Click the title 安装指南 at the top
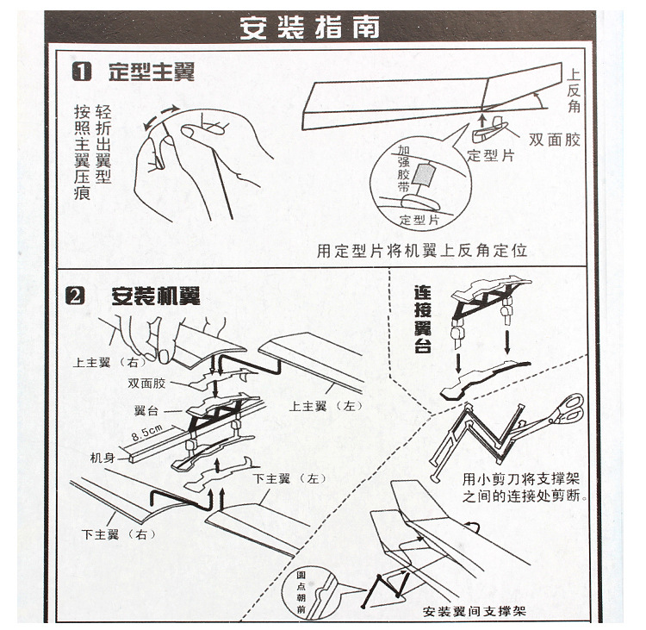(x=309, y=28)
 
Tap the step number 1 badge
(x=82, y=72)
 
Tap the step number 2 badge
(x=75, y=296)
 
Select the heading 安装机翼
(x=156, y=296)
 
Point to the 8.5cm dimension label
(x=146, y=433)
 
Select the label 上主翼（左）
(x=326, y=406)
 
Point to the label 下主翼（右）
(x=119, y=534)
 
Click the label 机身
(x=102, y=458)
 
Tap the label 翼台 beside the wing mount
(x=146, y=410)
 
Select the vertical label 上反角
(x=574, y=90)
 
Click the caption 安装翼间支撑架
(x=475, y=611)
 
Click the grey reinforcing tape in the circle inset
(x=424, y=173)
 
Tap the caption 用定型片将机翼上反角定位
(x=422, y=250)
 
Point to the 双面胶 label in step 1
(x=555, y=140)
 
